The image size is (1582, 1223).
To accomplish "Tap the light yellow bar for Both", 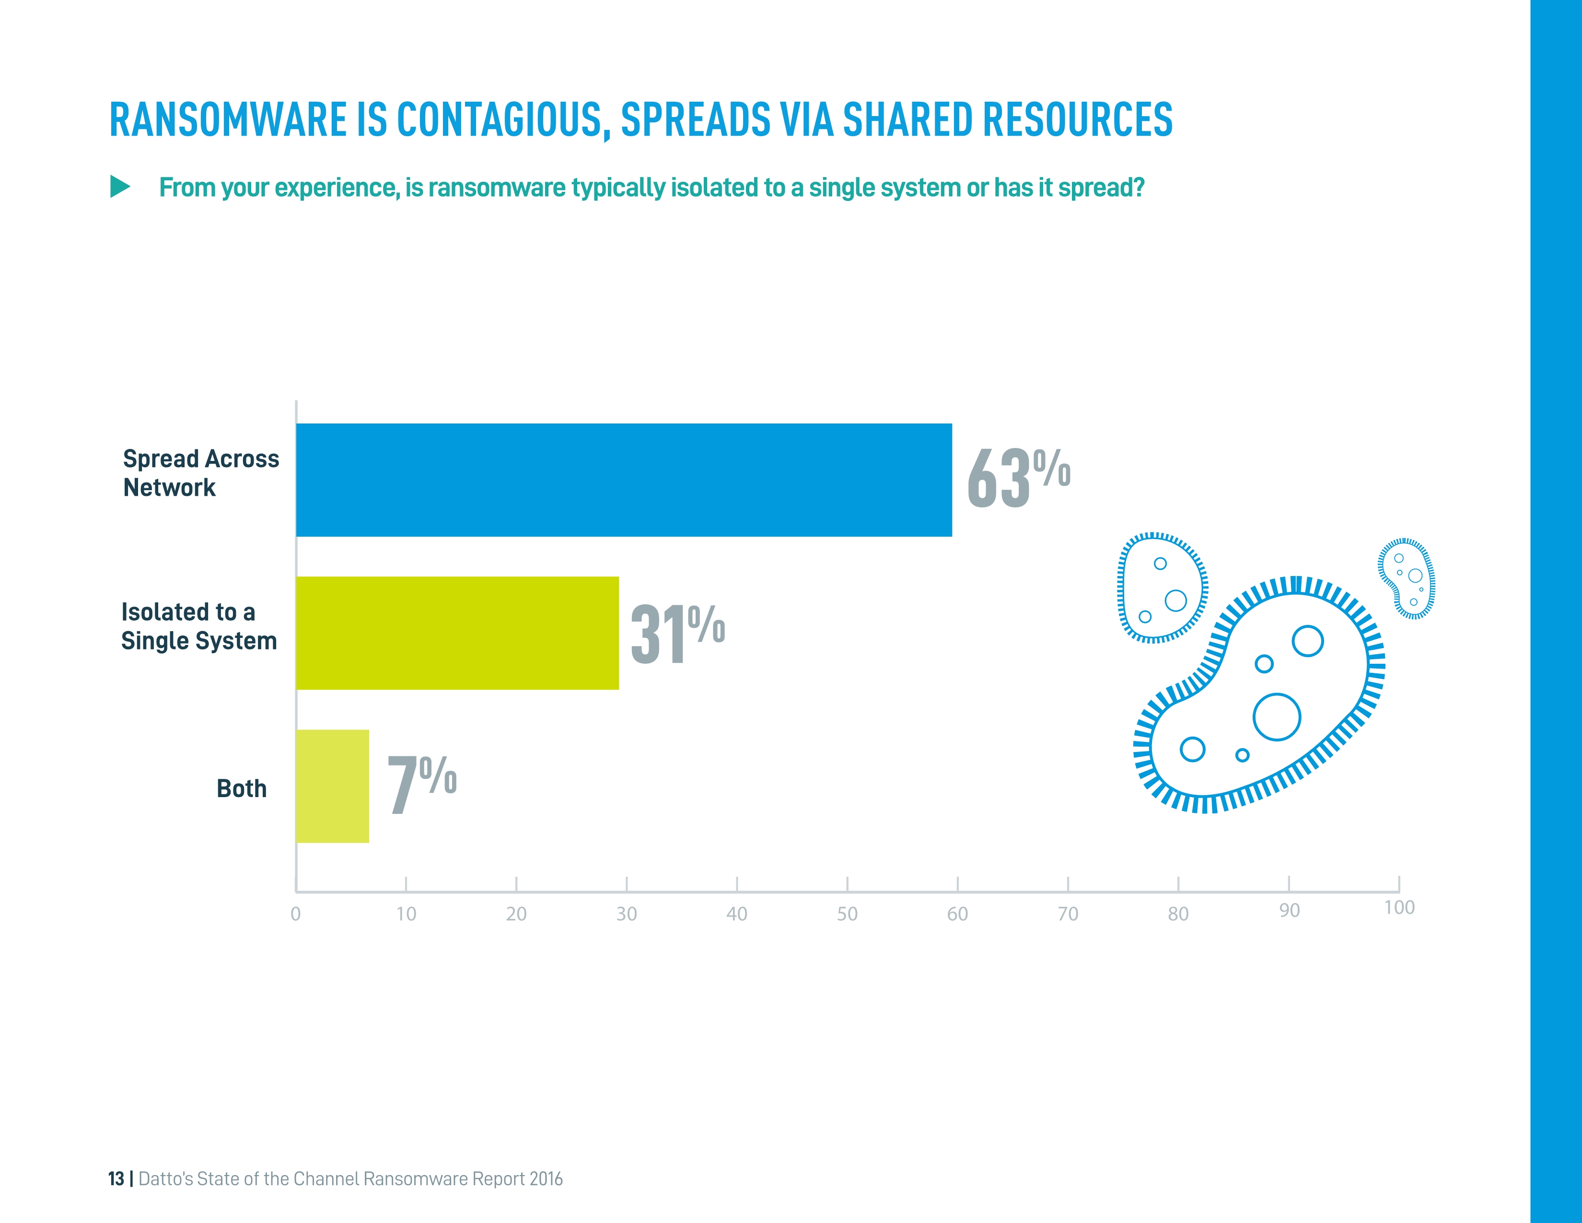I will (x=333, y=786).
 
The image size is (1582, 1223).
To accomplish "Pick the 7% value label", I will (x=421, y=784).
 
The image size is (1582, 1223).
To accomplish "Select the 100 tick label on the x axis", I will (x=1399, y=908).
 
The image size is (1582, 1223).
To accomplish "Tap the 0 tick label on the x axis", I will (x=295, y=914).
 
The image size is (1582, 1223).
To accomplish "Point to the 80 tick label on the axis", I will (x=1178, y=914).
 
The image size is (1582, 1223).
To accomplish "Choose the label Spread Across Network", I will (x=201, y=473).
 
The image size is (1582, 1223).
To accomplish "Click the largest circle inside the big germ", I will (x=1276, y=717).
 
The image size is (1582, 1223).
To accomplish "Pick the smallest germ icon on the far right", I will (x=1407, y=578).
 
